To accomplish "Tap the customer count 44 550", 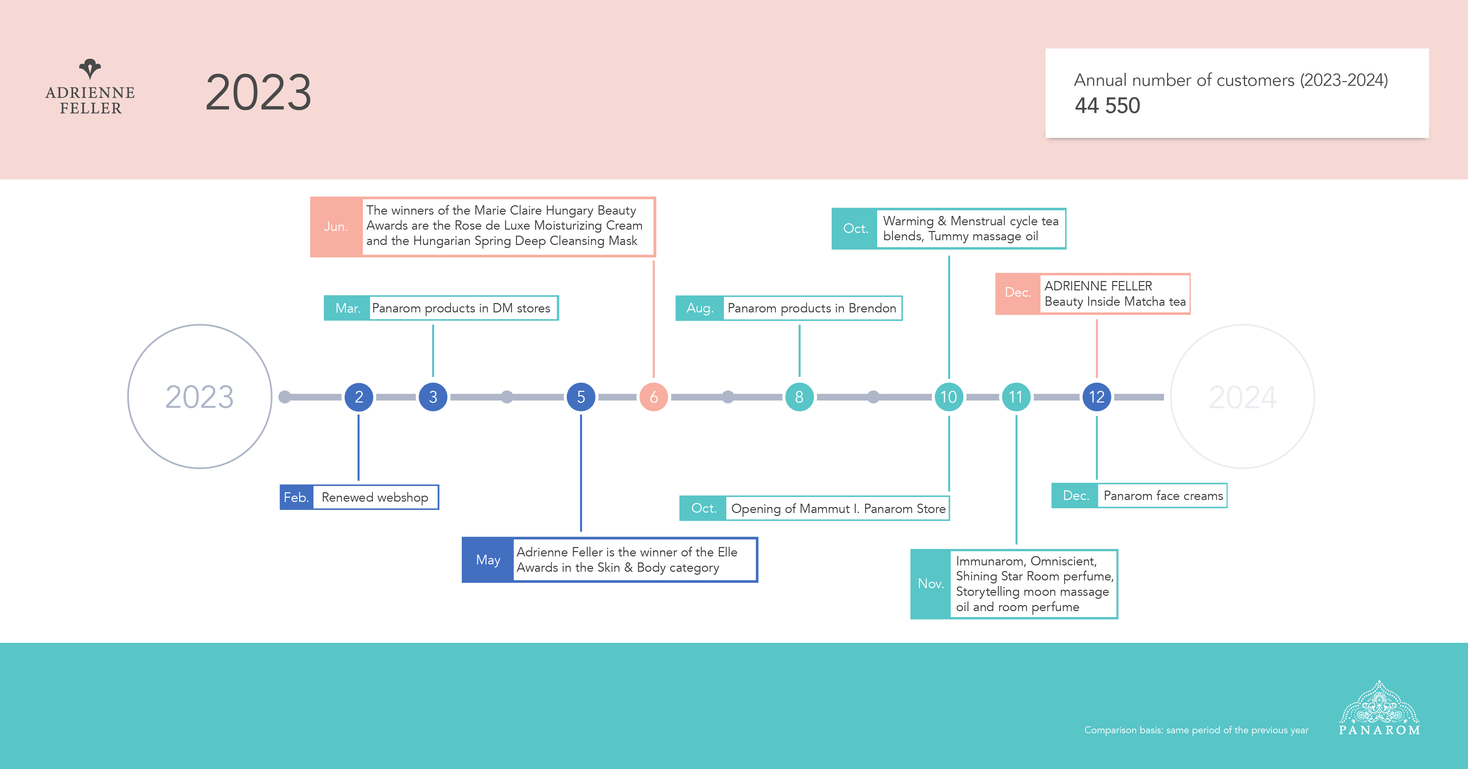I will click(1107, 106).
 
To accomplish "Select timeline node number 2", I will click(358, 397).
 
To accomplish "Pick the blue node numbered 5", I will click(581, 397).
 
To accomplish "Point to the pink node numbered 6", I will click(654, 397).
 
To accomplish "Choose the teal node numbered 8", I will click(799, 397).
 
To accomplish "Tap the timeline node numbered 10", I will click(948, 397).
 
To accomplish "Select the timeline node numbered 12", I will click(1096, 397).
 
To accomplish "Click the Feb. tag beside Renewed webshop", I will click(296, 497).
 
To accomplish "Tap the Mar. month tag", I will click(347, 308).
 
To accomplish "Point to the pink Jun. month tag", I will click(336, 227).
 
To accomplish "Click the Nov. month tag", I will click(931, 584).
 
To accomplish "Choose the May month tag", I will click(488, 560).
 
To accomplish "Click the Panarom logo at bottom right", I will click(1379, 709).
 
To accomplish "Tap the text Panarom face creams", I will click(1162, 496).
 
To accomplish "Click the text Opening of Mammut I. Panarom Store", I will click(838, 509).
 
